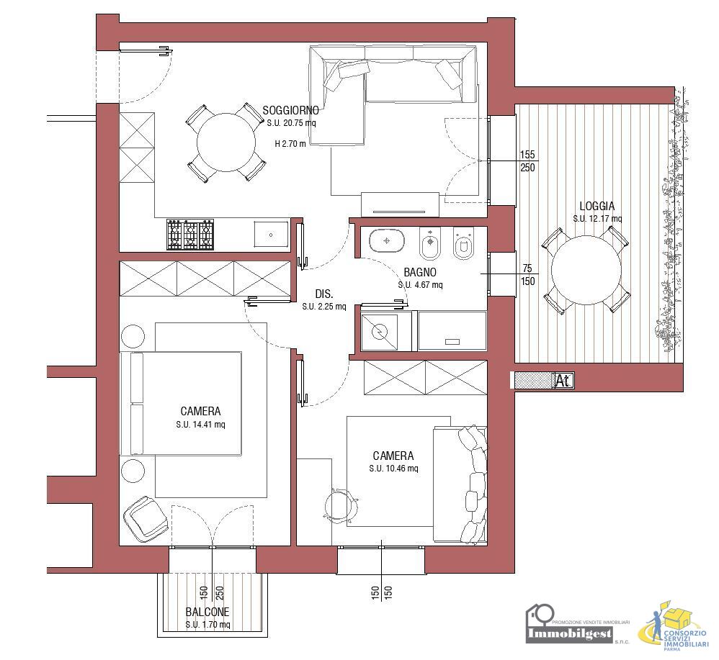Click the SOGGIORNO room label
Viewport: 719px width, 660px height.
[290, 110]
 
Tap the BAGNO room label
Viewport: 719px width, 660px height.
[420, 273]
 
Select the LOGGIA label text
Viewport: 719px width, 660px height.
[597, 207]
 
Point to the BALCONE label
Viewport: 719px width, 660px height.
[207, 612]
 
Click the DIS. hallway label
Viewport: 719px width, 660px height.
[324, 294]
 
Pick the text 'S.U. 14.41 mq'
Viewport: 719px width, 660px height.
[200, 425]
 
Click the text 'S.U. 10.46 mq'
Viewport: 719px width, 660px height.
[393, 469]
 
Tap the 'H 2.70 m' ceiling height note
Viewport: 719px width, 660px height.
[290, 143]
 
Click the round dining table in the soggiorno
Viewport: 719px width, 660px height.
[226, 143]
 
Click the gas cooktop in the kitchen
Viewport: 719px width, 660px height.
[190, 235]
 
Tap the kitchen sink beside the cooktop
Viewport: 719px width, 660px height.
[271, 235]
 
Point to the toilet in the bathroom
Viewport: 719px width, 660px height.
[463, 243]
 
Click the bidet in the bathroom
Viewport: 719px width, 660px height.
[429, 243]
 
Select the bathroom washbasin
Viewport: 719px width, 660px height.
[387, 240]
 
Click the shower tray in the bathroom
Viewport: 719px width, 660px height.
[379, 332]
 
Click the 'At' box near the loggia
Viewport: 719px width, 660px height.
[563, 380]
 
